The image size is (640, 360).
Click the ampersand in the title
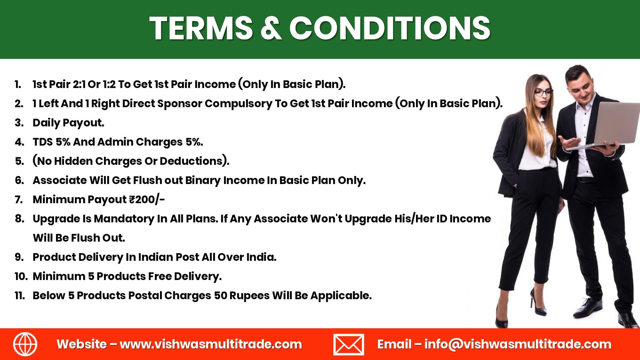[271, 28]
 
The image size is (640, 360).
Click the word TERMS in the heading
[201, 28]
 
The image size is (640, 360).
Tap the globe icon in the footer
[25, 344]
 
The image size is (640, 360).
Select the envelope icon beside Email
[348, 344]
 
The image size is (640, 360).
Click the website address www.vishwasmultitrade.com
[211, 344]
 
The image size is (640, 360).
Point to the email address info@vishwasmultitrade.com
[518, 344]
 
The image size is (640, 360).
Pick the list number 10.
[21, 276]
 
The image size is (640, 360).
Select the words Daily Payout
[68, 123]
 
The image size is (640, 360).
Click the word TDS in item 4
[43, 142]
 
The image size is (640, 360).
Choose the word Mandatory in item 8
[124, 219]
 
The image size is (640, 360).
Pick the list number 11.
[20, 296]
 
